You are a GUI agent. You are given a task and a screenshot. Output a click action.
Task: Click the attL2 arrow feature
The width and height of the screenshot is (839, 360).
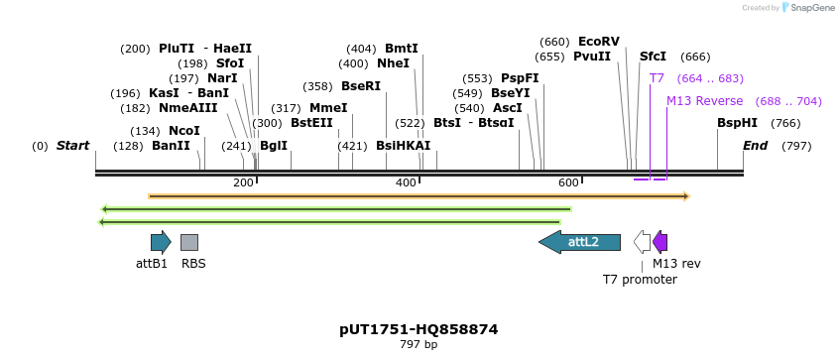(x=579, y=242)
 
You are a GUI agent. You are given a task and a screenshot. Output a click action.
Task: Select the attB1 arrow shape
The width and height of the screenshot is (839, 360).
(x=160, y=242)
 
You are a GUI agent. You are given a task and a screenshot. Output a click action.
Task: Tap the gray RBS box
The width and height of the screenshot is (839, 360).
(x=189, y=242)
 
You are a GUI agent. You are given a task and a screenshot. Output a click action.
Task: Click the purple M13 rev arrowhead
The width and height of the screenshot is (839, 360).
(x=660, y=242)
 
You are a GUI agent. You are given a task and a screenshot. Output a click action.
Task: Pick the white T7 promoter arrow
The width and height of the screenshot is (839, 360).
(x=643, y=242)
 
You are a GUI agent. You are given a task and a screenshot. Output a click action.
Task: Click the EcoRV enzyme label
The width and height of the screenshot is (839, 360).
(x=598, y=42)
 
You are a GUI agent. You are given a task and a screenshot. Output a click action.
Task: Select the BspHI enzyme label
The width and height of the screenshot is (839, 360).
(x=737, y=123)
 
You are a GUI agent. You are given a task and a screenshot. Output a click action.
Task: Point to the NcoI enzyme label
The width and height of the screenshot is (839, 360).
(x=183, y=131)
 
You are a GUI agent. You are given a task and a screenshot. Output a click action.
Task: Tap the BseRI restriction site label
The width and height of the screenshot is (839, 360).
(x=361, y=86)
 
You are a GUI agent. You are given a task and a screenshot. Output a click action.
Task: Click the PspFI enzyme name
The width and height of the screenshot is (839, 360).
(x=520, y=78)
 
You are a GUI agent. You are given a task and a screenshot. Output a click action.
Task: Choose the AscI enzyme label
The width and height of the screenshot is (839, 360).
(x=507, y=108)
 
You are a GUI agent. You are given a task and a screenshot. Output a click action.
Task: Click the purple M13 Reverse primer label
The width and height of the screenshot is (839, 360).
(x=704, y=101)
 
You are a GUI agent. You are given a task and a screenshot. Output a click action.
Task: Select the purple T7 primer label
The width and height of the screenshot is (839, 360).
(x=657, y=78)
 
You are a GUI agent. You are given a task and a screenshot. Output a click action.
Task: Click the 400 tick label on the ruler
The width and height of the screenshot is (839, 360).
(x=406, y=182)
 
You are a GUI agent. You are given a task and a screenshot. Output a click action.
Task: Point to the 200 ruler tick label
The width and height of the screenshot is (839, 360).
(x=243, y=182)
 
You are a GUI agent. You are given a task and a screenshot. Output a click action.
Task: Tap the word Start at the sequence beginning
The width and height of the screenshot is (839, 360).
(x=72, y=146)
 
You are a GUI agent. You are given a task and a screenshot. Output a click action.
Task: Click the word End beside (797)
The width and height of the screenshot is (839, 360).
(x=756, y=146)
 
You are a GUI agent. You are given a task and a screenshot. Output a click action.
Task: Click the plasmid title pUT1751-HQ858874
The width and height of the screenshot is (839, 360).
(x=419, y=329)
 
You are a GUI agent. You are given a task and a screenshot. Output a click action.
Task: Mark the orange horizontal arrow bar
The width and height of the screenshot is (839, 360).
(x=417, y=196)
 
